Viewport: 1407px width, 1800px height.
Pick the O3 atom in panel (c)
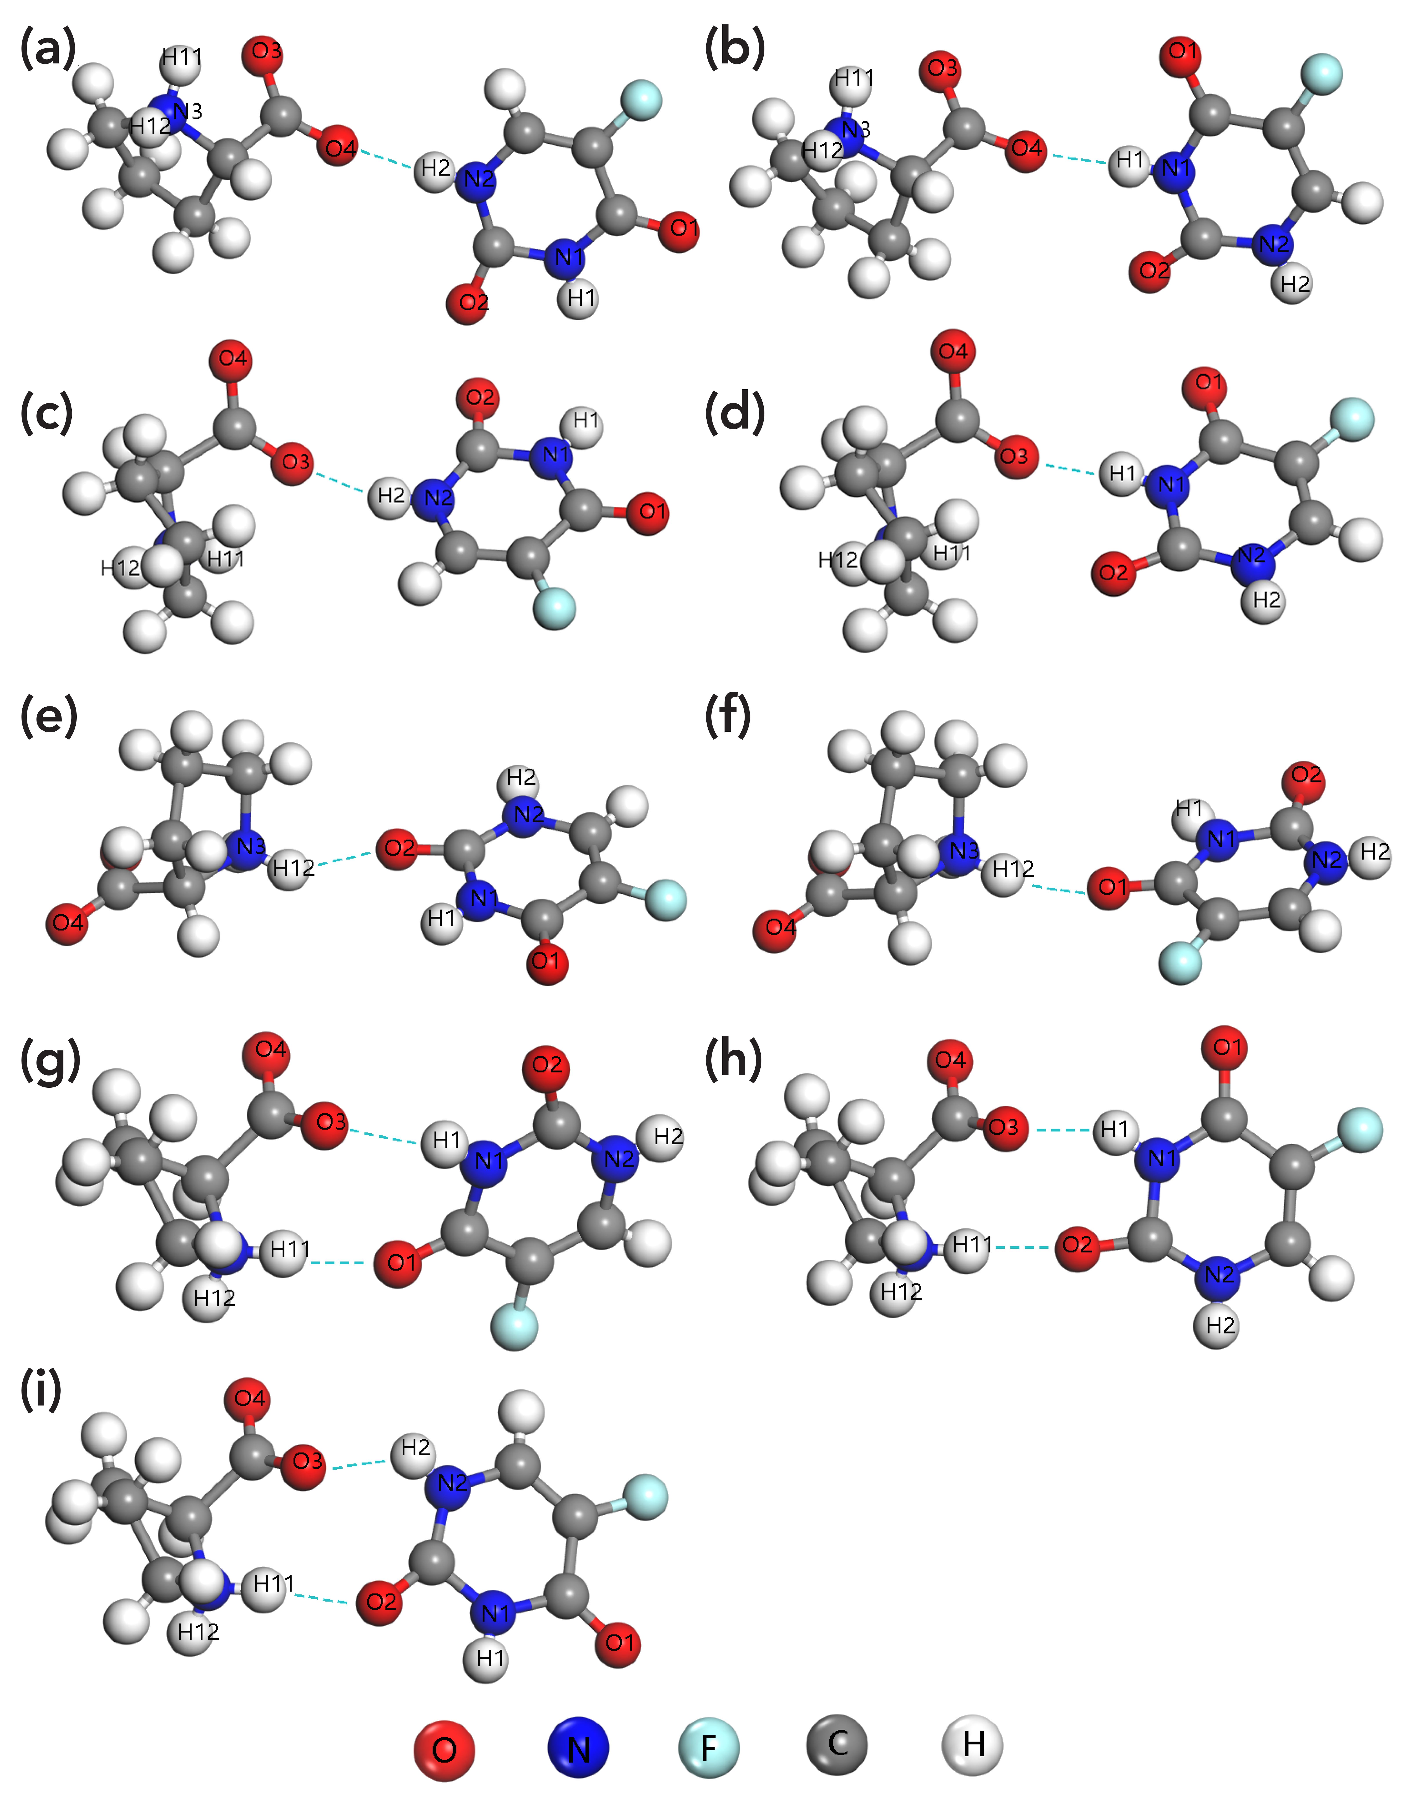pyautogui.click(x=293, y=462)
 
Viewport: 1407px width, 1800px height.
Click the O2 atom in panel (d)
pyautogui.click(x=1114, y=571)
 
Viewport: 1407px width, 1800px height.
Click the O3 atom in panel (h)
pyautogui.click(x=1004, y=1127)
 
